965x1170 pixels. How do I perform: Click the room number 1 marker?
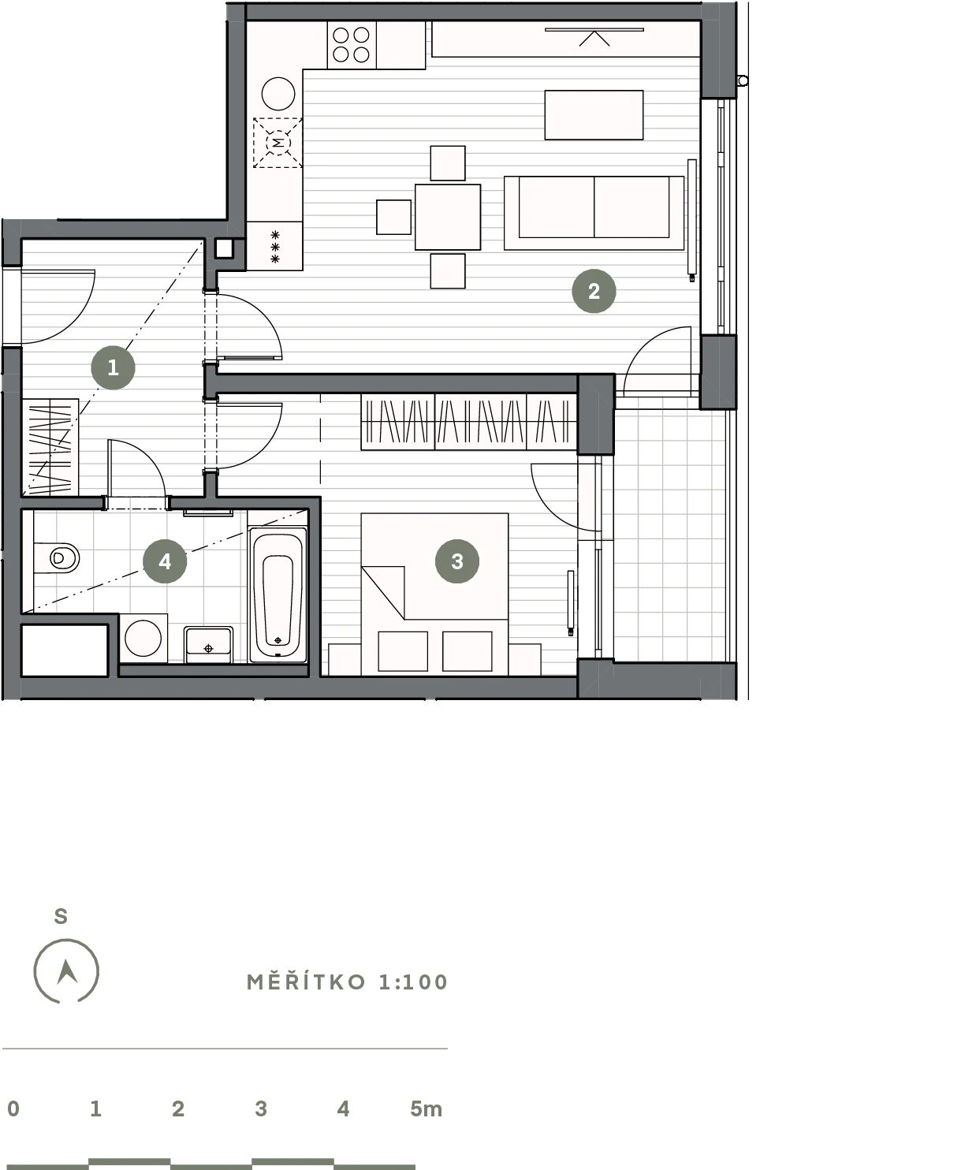[x=113, y=367]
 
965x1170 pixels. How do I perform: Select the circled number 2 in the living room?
[x=594, y=291]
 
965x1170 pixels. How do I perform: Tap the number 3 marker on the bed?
[x=456, y=561]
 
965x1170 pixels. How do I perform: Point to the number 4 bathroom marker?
[x=165, y=561]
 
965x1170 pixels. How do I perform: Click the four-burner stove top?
[x=352, y=45]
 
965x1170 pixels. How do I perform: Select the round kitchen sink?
[x=278, y=94]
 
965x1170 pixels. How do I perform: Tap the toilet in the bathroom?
[x=56, y=557]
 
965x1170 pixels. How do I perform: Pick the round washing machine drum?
[x=143, y=639]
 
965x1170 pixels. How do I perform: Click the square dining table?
[x=448, y=217]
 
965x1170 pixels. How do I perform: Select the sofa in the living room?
[x=594, y=213]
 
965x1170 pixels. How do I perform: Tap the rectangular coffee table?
[x=594, y=115]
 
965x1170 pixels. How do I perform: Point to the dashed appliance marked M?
[x=278, y=143]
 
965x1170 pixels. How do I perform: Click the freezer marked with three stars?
[x=274, y=246]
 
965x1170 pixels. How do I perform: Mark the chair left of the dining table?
[x=394, y=217]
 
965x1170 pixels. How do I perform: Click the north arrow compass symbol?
[x=67, y=971]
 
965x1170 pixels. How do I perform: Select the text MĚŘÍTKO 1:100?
[x=348, y=982]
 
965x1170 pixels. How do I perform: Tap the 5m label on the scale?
[x=426, y=1109]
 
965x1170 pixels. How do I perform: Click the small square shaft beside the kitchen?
[x=224, y=248]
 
